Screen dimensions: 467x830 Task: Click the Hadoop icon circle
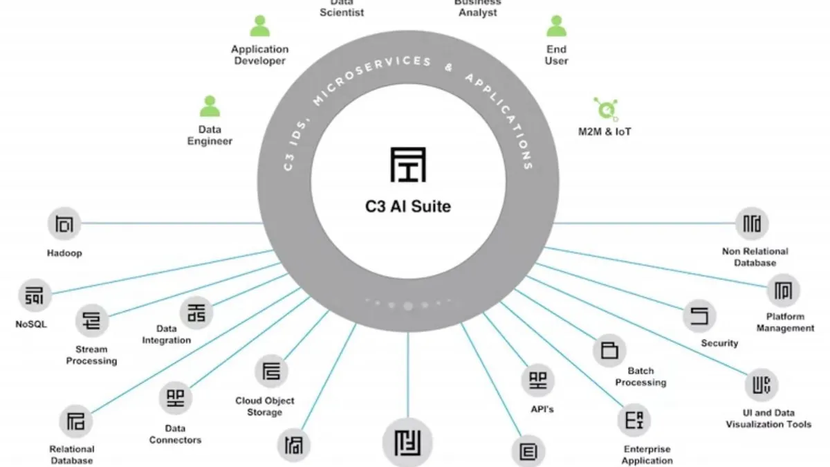tap(64, 223)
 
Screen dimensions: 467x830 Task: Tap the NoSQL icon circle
tap(34, 295)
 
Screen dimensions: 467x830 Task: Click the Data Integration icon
tap(196, 311)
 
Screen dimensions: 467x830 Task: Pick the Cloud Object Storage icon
tap(272, 372)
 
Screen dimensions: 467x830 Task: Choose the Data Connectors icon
tap(176, 398)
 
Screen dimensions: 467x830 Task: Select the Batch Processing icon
tap(609, 349)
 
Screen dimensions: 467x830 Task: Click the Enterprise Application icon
tap(634, 421)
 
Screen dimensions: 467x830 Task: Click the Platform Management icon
tap(784, 291)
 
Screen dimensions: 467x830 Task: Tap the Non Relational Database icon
tap(752, 223)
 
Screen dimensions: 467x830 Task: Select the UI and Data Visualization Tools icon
tap(761, 385)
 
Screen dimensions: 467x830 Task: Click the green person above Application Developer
tap(259, 26)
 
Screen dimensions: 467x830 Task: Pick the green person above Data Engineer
tap(210, 107)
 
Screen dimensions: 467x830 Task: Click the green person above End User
tap(556, 26)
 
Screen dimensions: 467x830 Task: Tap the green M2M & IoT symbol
tap(605, 109)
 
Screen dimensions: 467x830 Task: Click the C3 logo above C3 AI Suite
tap(407, 164)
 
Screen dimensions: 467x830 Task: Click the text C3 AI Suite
tap(407, 205)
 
